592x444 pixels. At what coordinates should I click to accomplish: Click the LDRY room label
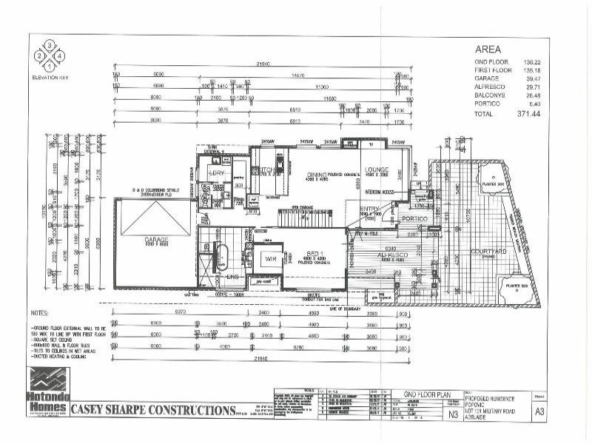[x=217, y=172]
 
